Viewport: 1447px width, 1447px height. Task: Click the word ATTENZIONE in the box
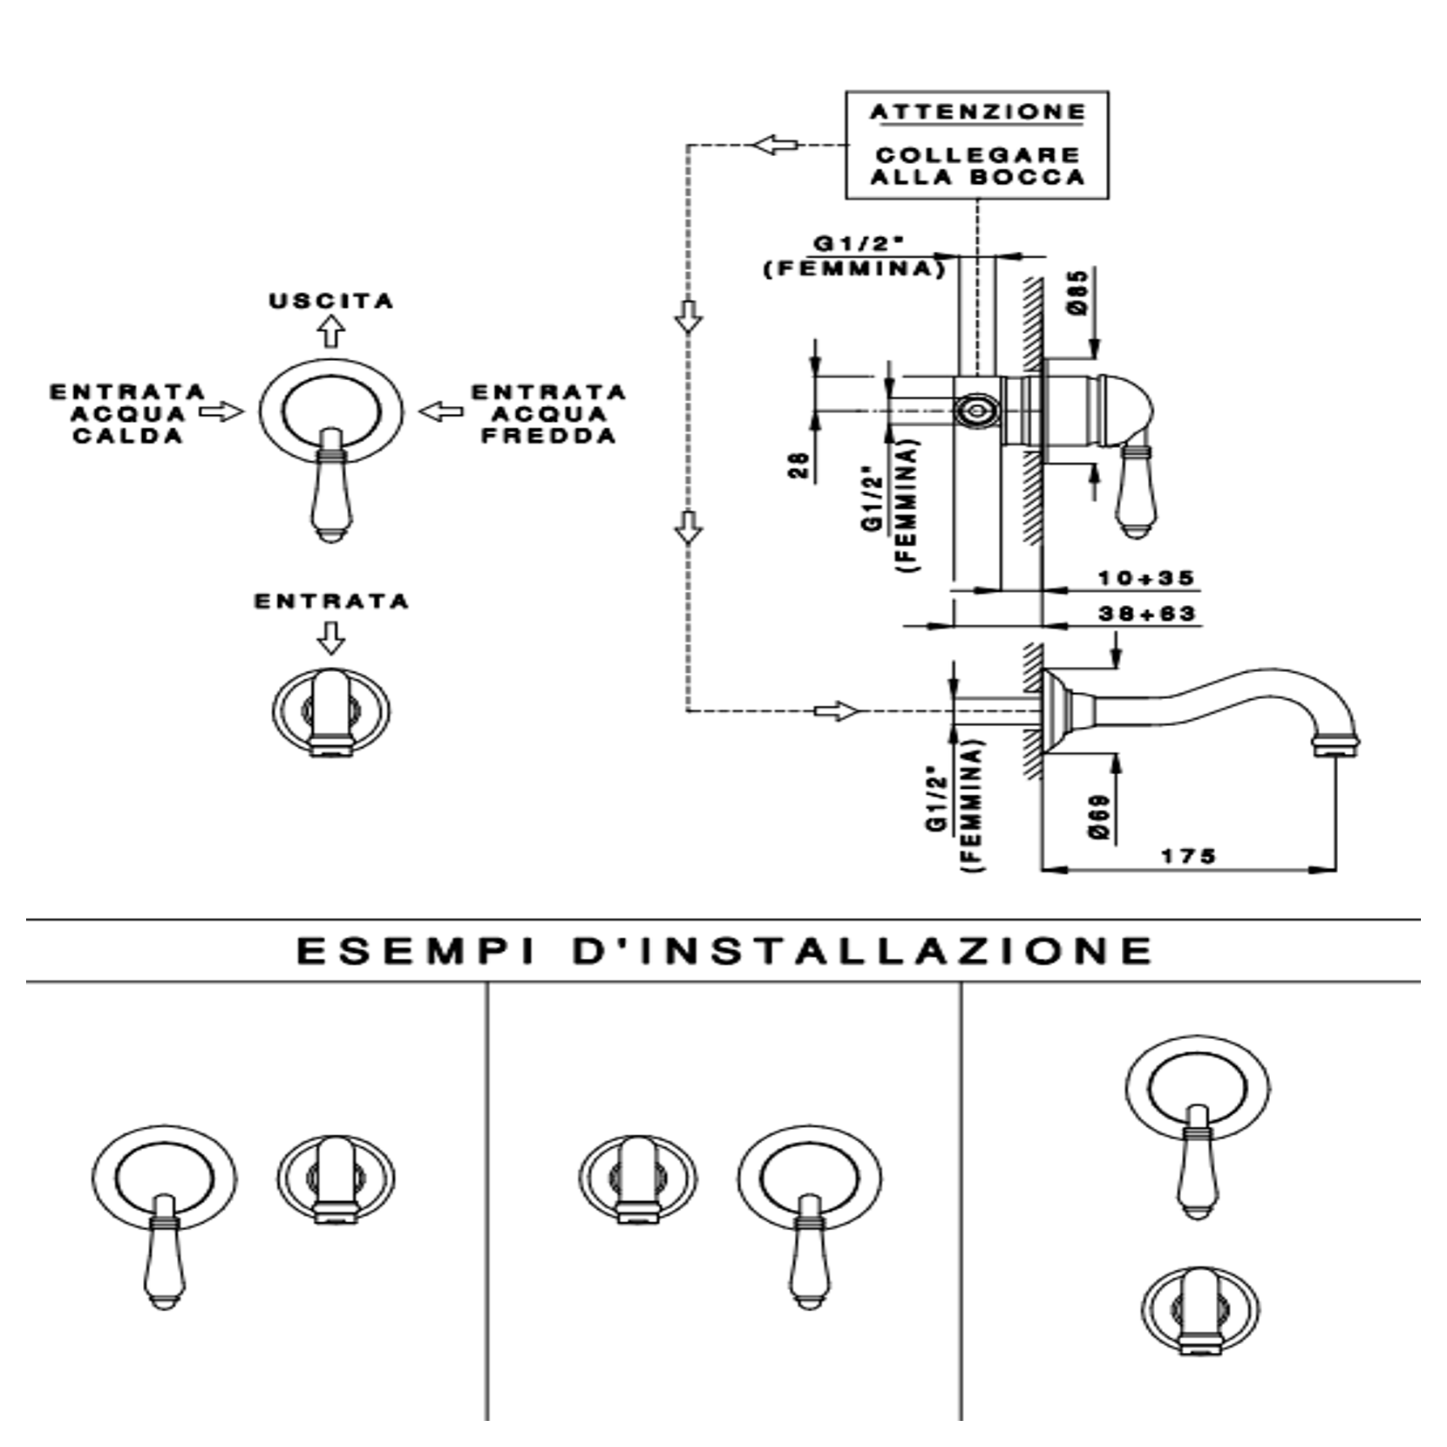click(x=978, y=112)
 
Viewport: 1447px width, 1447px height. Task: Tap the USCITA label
click(x=332, y=301)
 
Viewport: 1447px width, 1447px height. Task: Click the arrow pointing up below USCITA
click(x=331, y=330)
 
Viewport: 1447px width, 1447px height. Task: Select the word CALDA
click(x=128, y=435)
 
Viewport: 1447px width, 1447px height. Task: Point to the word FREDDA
click(x=549, y=435)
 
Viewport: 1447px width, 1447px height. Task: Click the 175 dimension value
click(x=1188, y=856)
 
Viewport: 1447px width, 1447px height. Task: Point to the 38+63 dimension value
click(x=1147, y=614)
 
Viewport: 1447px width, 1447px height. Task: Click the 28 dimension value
click(x=799, y=466)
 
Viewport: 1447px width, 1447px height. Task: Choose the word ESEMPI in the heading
click(x=416, y=950)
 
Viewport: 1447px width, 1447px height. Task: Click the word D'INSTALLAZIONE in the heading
click(x=863, y=950)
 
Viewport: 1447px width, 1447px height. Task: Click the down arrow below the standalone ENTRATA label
click(x=330, y=637)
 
